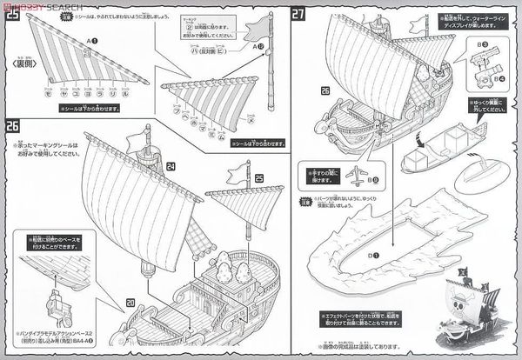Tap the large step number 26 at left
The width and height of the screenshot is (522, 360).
click(x=11, y=124)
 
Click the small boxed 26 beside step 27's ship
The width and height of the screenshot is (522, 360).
click(x=325, y=90)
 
